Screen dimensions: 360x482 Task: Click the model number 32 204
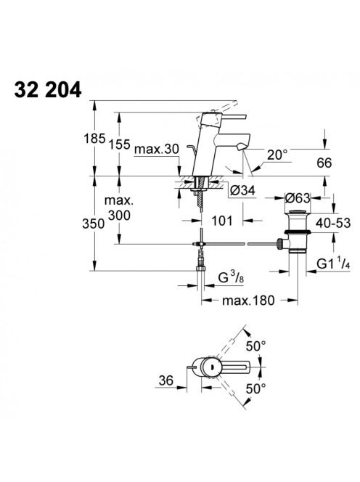[x=48, y=90]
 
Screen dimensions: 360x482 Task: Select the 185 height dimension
[x=94, y=139]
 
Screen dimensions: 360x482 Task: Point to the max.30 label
[x=157, y=150]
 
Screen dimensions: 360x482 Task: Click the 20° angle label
[x=277, y=155]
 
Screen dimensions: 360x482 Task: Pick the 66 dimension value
[x=324, y=163]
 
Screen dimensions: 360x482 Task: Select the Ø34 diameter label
[x=242, y=191]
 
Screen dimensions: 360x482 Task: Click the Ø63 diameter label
[x=298, y=198]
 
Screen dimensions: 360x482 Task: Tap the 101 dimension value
[x=222, y=221]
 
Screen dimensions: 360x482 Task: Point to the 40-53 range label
[x=333, y=223]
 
